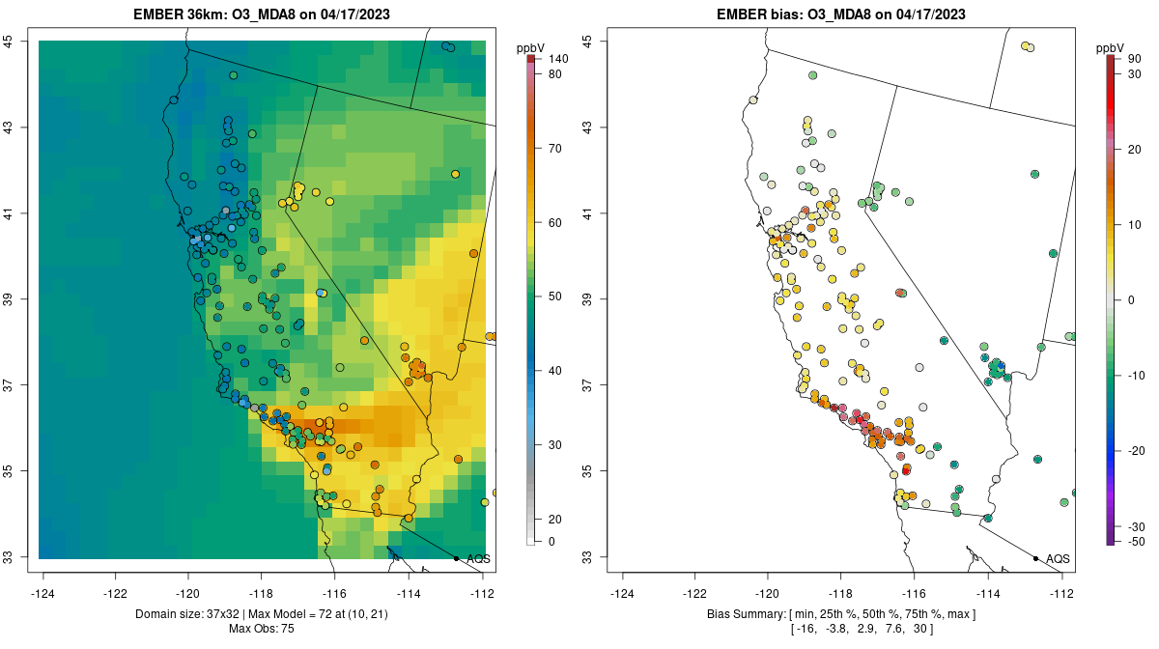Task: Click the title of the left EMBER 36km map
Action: click(x=267, y=14)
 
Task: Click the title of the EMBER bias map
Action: click(x=840, y=14)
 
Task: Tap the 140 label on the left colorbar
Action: click(x=558, y=59)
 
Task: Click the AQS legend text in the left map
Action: click(x=478, y=558)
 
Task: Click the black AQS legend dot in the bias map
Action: click(x=1035, y=558)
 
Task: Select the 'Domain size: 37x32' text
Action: click(x=211, y=614)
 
